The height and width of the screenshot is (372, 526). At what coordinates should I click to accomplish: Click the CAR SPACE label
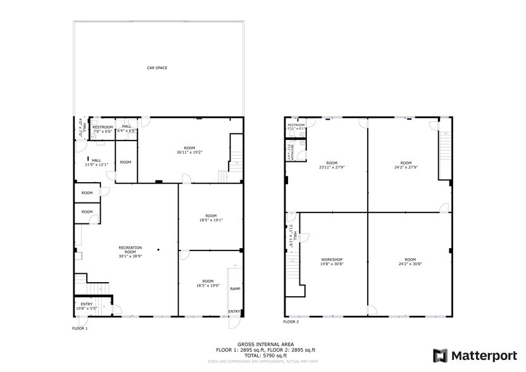click(156, 68)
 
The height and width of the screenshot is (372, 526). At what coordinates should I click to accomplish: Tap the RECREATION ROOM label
click(130, 247)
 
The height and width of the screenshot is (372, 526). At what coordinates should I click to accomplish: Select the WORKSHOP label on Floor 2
click(332, 259)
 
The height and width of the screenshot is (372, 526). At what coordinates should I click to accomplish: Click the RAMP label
click(235, 288)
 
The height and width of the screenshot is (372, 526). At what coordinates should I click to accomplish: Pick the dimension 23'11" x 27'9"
click(332, 167)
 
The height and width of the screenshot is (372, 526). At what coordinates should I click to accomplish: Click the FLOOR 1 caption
click(79, 328)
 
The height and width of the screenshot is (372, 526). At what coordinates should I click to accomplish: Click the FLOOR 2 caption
click(291, 322)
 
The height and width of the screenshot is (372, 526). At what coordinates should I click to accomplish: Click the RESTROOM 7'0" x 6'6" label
click(103, 129)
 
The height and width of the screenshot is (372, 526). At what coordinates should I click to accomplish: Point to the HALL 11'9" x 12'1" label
click(96, 163)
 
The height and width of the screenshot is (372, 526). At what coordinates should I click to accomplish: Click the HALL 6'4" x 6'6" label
click(127, 128)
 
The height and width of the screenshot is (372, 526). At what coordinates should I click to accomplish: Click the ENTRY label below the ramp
click(234, 311)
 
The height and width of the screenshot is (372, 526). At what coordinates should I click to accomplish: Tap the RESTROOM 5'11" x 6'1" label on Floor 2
click(296, 127)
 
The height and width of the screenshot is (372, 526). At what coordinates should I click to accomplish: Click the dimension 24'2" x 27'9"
click(406, 167)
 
